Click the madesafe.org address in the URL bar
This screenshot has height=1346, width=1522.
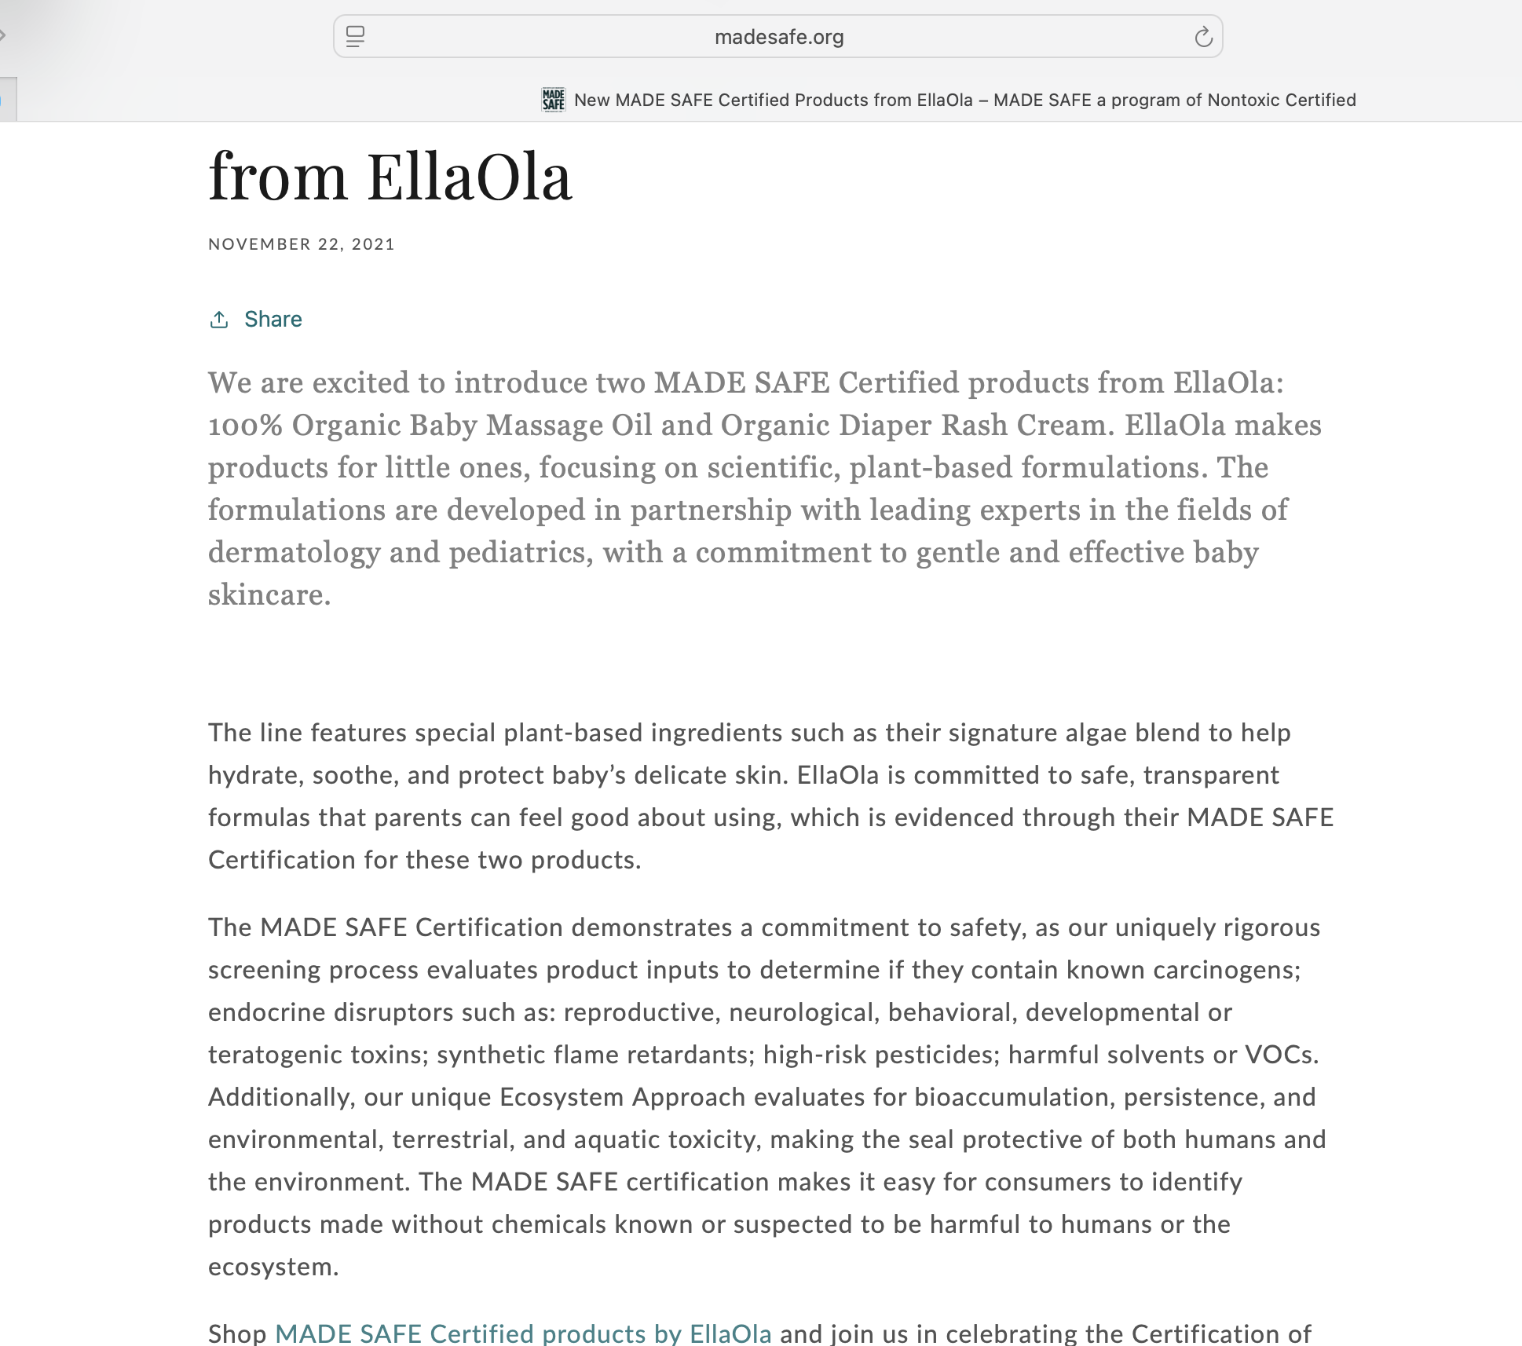tap(778, 37)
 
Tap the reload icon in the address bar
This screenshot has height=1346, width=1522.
tap(1203, 37)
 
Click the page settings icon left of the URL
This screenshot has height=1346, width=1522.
tap(355, 37)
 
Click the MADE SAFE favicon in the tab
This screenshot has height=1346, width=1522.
tap(554, 100)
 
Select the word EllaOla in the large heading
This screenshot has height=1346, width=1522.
tap(469, 177)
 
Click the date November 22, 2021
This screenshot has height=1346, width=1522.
tap(302, 244)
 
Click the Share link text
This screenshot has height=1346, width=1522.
tap(273, 319)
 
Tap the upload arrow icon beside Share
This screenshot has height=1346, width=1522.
tap(219, 319)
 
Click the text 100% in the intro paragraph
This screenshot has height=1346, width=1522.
tap(244, 426)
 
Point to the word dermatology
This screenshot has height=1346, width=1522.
tap(294, 553)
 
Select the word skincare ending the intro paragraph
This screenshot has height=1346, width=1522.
tap(268, 595)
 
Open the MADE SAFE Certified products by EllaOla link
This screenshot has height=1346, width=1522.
tap(523, 1333)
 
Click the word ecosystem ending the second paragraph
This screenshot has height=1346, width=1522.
tap(272, 1267)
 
